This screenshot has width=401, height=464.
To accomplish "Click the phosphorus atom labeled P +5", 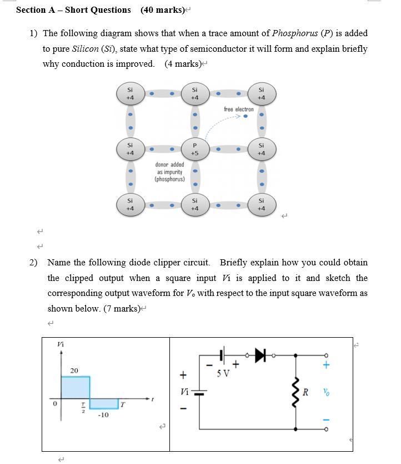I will (x=194, y=149).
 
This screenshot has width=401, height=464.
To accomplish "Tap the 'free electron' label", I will (x=239, y=110).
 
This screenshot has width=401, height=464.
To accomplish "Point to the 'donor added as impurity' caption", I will (x=170, y=172).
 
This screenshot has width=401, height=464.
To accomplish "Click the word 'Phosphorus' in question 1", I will (x=295, y=33).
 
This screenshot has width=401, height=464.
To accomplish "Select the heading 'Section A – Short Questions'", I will (x=73, y=10).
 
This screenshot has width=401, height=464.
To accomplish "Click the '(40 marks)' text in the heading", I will (x=162, y=10).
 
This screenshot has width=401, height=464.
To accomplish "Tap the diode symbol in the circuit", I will (x=260, y=355).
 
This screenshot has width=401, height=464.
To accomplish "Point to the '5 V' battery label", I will (x=223, y=373).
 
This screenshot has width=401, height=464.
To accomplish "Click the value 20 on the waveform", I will (x=74, y=371).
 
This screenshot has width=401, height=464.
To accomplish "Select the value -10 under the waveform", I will (x=103, y=415).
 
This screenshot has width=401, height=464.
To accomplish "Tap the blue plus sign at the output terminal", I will (x=327, y=366).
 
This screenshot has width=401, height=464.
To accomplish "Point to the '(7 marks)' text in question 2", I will (x=122, y=309).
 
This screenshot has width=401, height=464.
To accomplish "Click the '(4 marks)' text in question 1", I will (x=183, y=64).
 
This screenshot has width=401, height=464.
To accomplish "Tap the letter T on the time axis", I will (x=122, y=404).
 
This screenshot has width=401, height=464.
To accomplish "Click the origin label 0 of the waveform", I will (x=55, y=403).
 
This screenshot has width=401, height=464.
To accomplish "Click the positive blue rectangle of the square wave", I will (x=75, y=388).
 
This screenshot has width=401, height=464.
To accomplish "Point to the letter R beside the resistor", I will (x=305, y=392).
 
